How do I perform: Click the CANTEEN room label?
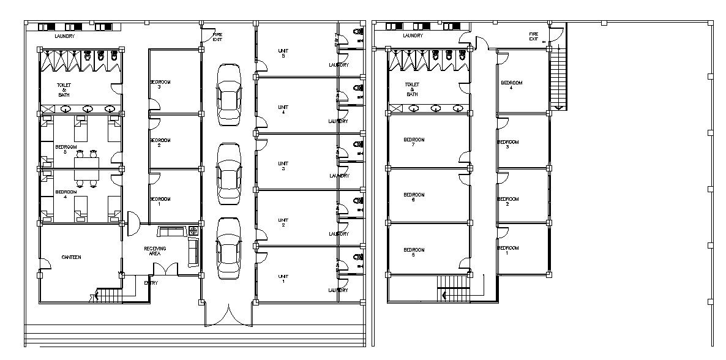(x=71, y=257)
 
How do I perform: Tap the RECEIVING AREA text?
(x=155, y=250)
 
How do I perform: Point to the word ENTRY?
(x=151, y=283)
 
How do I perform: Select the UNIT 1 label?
(x=283, y=279)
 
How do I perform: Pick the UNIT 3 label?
(x=283, y=166)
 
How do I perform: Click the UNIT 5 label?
(x=283, y=53)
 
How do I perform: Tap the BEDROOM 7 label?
(x=414, y=142)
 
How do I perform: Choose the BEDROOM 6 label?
(x=414, y=197)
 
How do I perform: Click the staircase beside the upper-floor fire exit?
(x=558, y=80)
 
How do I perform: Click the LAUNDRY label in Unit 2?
(x=339, y=234)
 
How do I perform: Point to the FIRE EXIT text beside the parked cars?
(x=217, y=36)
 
